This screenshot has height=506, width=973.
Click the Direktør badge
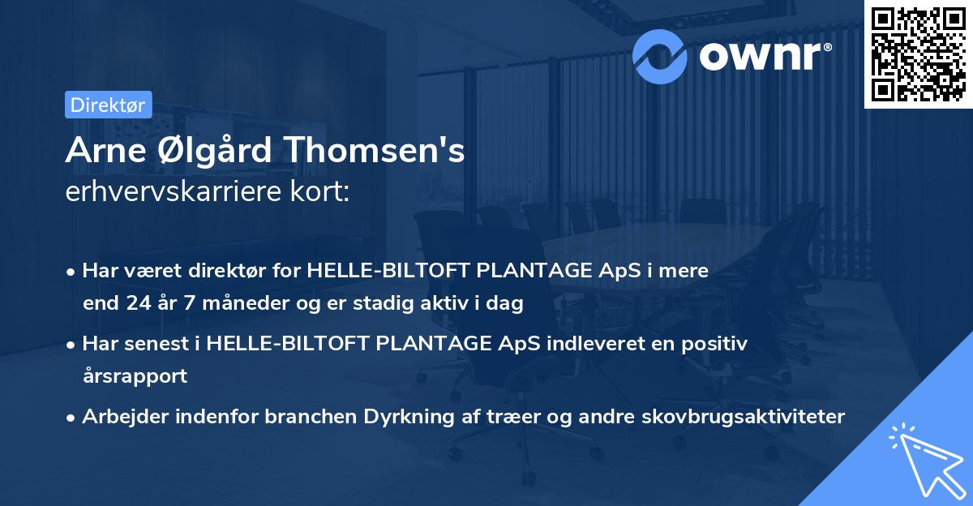108,105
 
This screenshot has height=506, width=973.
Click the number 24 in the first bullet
135,304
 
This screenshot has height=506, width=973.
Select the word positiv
714,343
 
